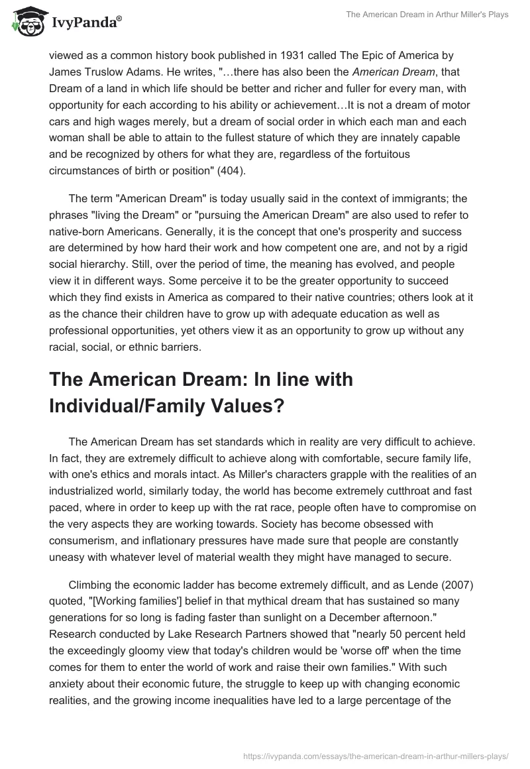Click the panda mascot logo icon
tap(26, 22)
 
